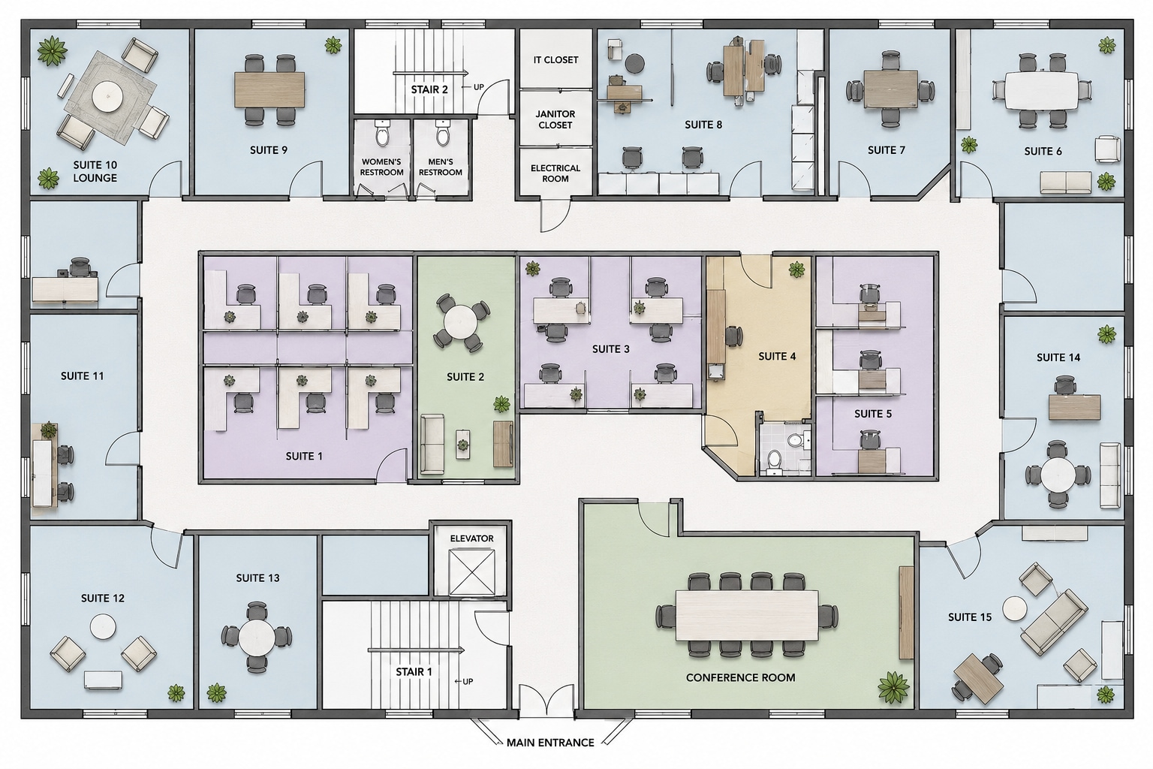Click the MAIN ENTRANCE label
click(x=550, y=743)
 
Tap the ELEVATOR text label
click(x=471, y=538)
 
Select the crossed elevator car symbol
click(x=471, y=572)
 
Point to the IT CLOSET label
click(x=555, y=60)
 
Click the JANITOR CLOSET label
click(x=555, y=119)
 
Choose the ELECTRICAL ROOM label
click(x=555, y=173)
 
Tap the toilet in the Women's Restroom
click(x=382, y=133)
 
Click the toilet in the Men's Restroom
click(x=443, y=133)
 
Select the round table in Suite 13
click(x=257, y=637)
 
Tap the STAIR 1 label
click(x=414, y=672)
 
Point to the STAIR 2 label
click(x=429, y=89)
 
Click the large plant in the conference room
click(x=893, y=688)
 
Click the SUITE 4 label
click(x=777, y=357)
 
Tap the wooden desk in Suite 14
click(x=1075, y=408)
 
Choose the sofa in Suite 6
click(x=1065, y=182)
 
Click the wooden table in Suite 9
click(x=269, y=89)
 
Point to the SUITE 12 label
click(x=103, y=599)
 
